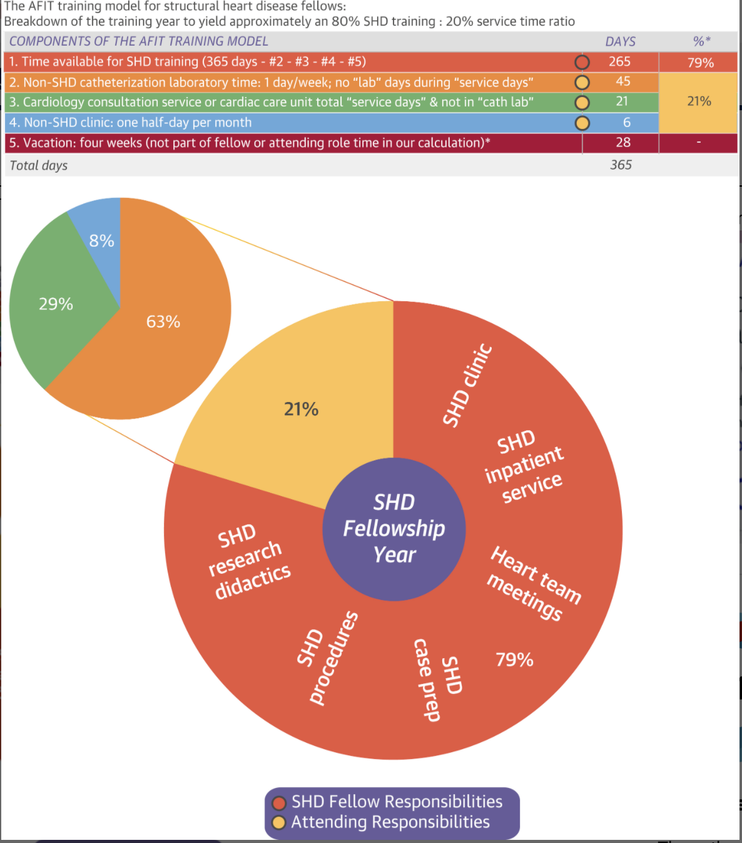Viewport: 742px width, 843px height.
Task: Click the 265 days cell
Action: click(619, 62)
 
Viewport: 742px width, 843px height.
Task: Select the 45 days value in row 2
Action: click(623, 81)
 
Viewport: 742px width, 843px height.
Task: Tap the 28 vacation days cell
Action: click(623, 142)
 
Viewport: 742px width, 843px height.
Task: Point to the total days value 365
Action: click(621, 165)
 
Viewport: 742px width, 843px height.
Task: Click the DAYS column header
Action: click(620, 41)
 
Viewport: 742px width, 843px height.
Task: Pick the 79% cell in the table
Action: click(700, 63)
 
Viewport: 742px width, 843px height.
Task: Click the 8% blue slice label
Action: click(101, 240)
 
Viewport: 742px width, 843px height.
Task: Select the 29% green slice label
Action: click(56, 304)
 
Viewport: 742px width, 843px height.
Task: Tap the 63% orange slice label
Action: click(163, 321)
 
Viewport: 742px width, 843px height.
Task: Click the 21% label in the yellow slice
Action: click(301, 409)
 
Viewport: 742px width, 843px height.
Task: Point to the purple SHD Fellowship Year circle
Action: click(394, 529)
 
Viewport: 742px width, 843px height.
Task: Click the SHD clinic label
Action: click(467, 386)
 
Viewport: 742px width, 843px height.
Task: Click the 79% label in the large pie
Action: click(514, 659)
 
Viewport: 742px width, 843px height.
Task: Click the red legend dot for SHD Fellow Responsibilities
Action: click(279, 802)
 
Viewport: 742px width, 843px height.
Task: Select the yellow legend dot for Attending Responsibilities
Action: click(279, 822)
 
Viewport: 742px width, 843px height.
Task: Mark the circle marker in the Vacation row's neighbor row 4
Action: click(582, 123)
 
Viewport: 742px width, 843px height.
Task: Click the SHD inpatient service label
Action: click(524, 467)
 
